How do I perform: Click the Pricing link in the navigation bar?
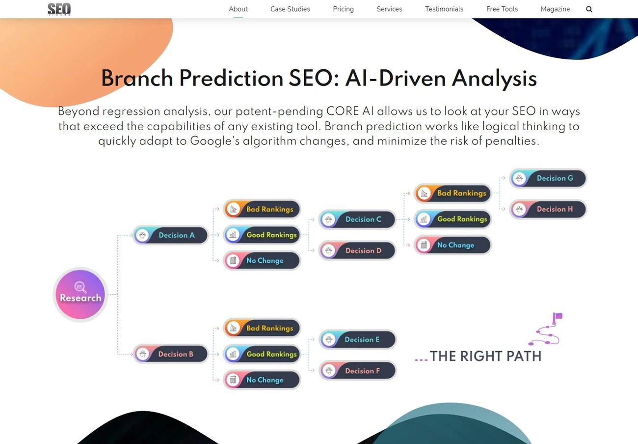coord(343,9)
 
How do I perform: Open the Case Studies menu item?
coord(290,9)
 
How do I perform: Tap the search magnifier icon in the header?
coord(589,9)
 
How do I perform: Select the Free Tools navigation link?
coord(502,9)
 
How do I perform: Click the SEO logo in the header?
coord(59,9)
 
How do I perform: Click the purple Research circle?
coord(80,295)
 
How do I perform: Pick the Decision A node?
coord(171,235)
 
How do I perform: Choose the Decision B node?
coord(171,354)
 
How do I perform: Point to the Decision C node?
coord(357,220)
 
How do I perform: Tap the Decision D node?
coord(357,250)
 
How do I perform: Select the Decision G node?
coord(548,178)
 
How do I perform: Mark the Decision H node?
coord(548,209)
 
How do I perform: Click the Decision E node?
coord(358,339)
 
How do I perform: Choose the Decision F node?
coord(358,370)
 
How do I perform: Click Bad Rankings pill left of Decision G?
coord(453,193)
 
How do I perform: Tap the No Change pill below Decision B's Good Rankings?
coord(262,380)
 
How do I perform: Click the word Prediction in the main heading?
coord(231,78)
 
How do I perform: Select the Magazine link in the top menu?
coord(555,9)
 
